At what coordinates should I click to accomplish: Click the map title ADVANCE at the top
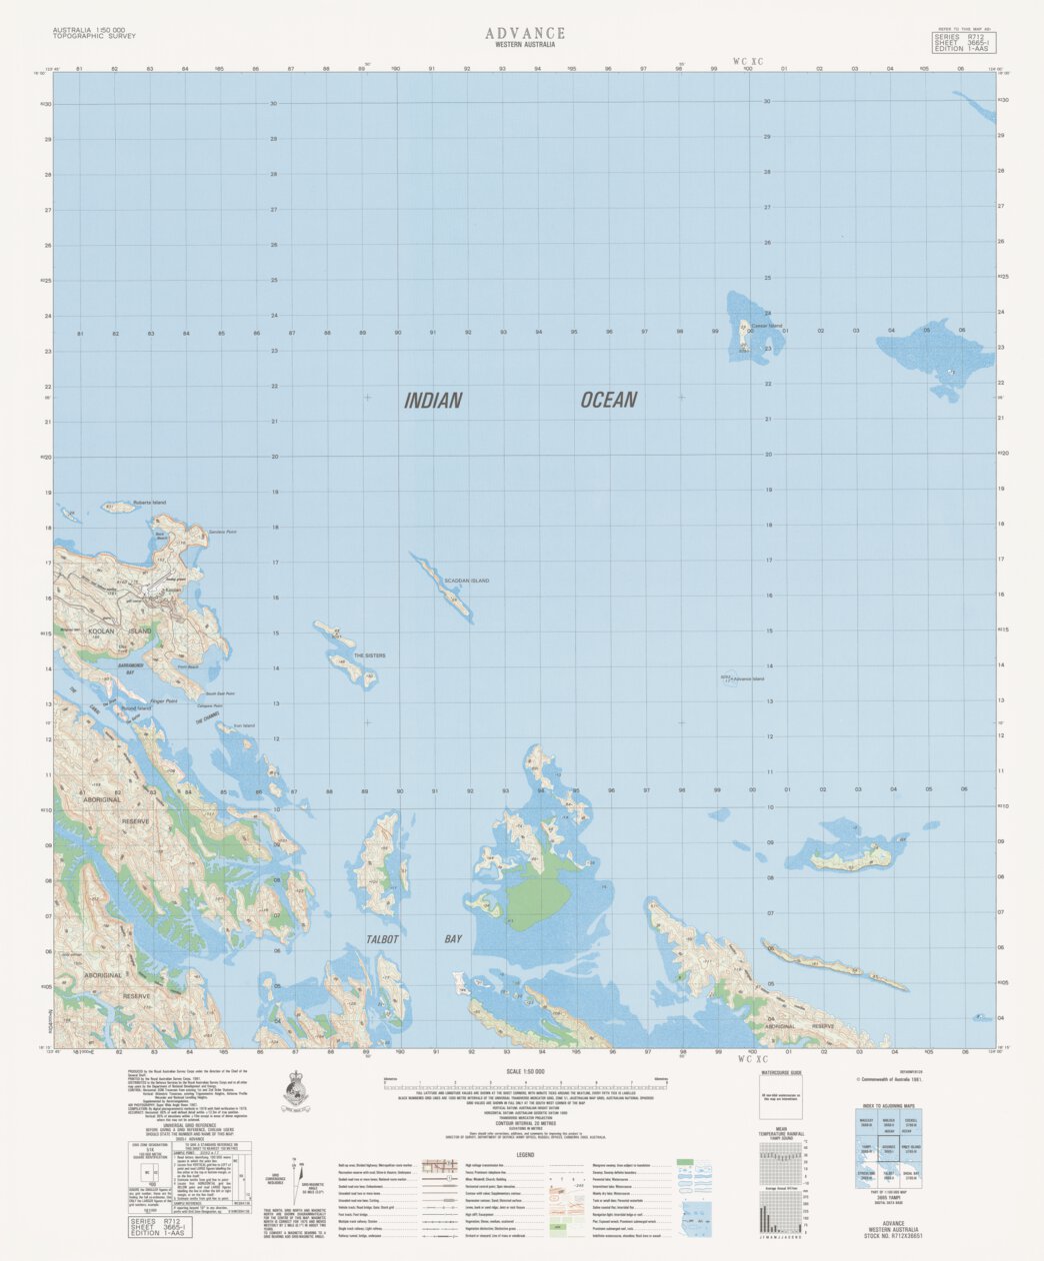pyautogui.click(x=525, y=33)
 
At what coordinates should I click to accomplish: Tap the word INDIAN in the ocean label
pyautogui.click(x=433, y=401)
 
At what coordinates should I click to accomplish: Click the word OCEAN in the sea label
pyautogui.click(x=608, y=400)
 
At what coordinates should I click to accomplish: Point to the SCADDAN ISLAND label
pyautogui.click(x=468, y=581)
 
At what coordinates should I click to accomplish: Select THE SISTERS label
pyautogui.click(x=369, y=655)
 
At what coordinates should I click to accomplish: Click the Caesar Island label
pyautogui.click(x=768, y=326)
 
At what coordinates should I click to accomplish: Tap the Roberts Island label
pyautogui.click(x=148, y=503)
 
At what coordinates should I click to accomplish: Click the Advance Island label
pyautogui.click(x=746, y=679)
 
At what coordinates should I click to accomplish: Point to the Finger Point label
pyautogui.click(x=163, y=701)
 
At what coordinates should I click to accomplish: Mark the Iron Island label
pyautogui.click(x=243, y=725)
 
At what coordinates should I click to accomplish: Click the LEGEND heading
pyautogui.click(x=525, y=1155)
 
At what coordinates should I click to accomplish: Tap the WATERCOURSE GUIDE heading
pyautogui.click(x=783, y=1071)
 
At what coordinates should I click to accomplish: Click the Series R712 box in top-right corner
pyautogui.click(x=964, y=42)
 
